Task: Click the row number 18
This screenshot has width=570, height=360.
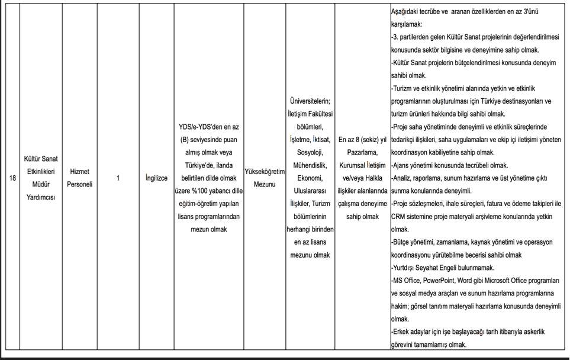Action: point(12,178)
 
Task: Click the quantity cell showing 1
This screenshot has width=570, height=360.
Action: point(118,178)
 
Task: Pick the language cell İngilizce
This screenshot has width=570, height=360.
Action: point(156,178)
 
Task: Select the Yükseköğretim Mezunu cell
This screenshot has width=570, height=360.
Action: point(265,178)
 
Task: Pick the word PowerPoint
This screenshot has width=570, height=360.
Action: point(447,280)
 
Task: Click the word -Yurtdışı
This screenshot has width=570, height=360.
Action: point(406,267)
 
